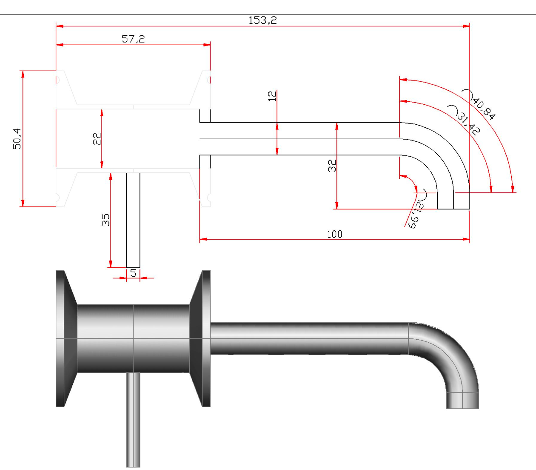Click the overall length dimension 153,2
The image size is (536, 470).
(262, 20)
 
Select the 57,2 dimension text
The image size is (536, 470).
(133, 39)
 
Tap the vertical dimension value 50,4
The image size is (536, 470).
(17, 139)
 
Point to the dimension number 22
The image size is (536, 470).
(97, 139)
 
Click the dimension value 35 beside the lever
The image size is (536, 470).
(105, 220)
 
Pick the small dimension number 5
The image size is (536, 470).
(133, 273)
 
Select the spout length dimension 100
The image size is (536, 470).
(334, 234)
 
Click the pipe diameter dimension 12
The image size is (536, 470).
(272, 96)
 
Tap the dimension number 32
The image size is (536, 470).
(332, 166)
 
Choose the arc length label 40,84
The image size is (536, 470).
(483, 108)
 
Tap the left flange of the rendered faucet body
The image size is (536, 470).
(60, 338)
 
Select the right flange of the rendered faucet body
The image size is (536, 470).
(205, 338)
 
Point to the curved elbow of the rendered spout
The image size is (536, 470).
(451, 353)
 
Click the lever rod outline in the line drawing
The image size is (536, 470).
(133, 220)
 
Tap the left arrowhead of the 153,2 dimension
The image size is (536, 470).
(60, 26)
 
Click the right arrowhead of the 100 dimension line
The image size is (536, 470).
(466, 239)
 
